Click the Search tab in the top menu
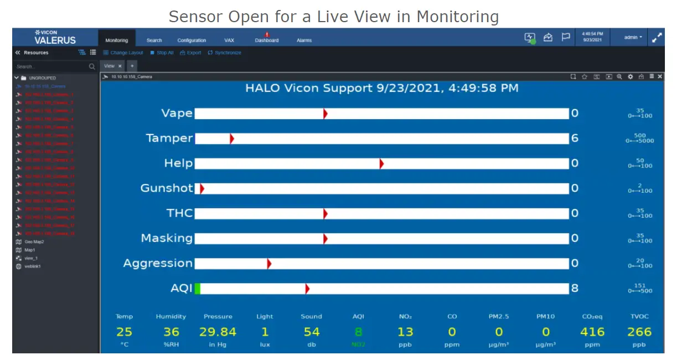(154, 40)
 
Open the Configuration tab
(192, 40)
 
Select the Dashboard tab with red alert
(267, 40)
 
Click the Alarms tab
(304, 40)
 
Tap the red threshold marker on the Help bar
(381, 163)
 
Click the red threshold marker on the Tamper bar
(231, 138)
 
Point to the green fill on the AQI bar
(198, 289)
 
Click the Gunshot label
(167, 188)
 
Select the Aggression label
(158, 263)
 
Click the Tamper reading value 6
(575, 138)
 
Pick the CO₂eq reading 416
(592, 332)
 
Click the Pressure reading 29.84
(218, 332)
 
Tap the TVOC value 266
(639, 332)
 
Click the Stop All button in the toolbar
(162, 53)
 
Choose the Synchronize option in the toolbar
(225, 53)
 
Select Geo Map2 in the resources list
(34, 242)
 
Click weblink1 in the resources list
(33, 266)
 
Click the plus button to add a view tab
(132, 66)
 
